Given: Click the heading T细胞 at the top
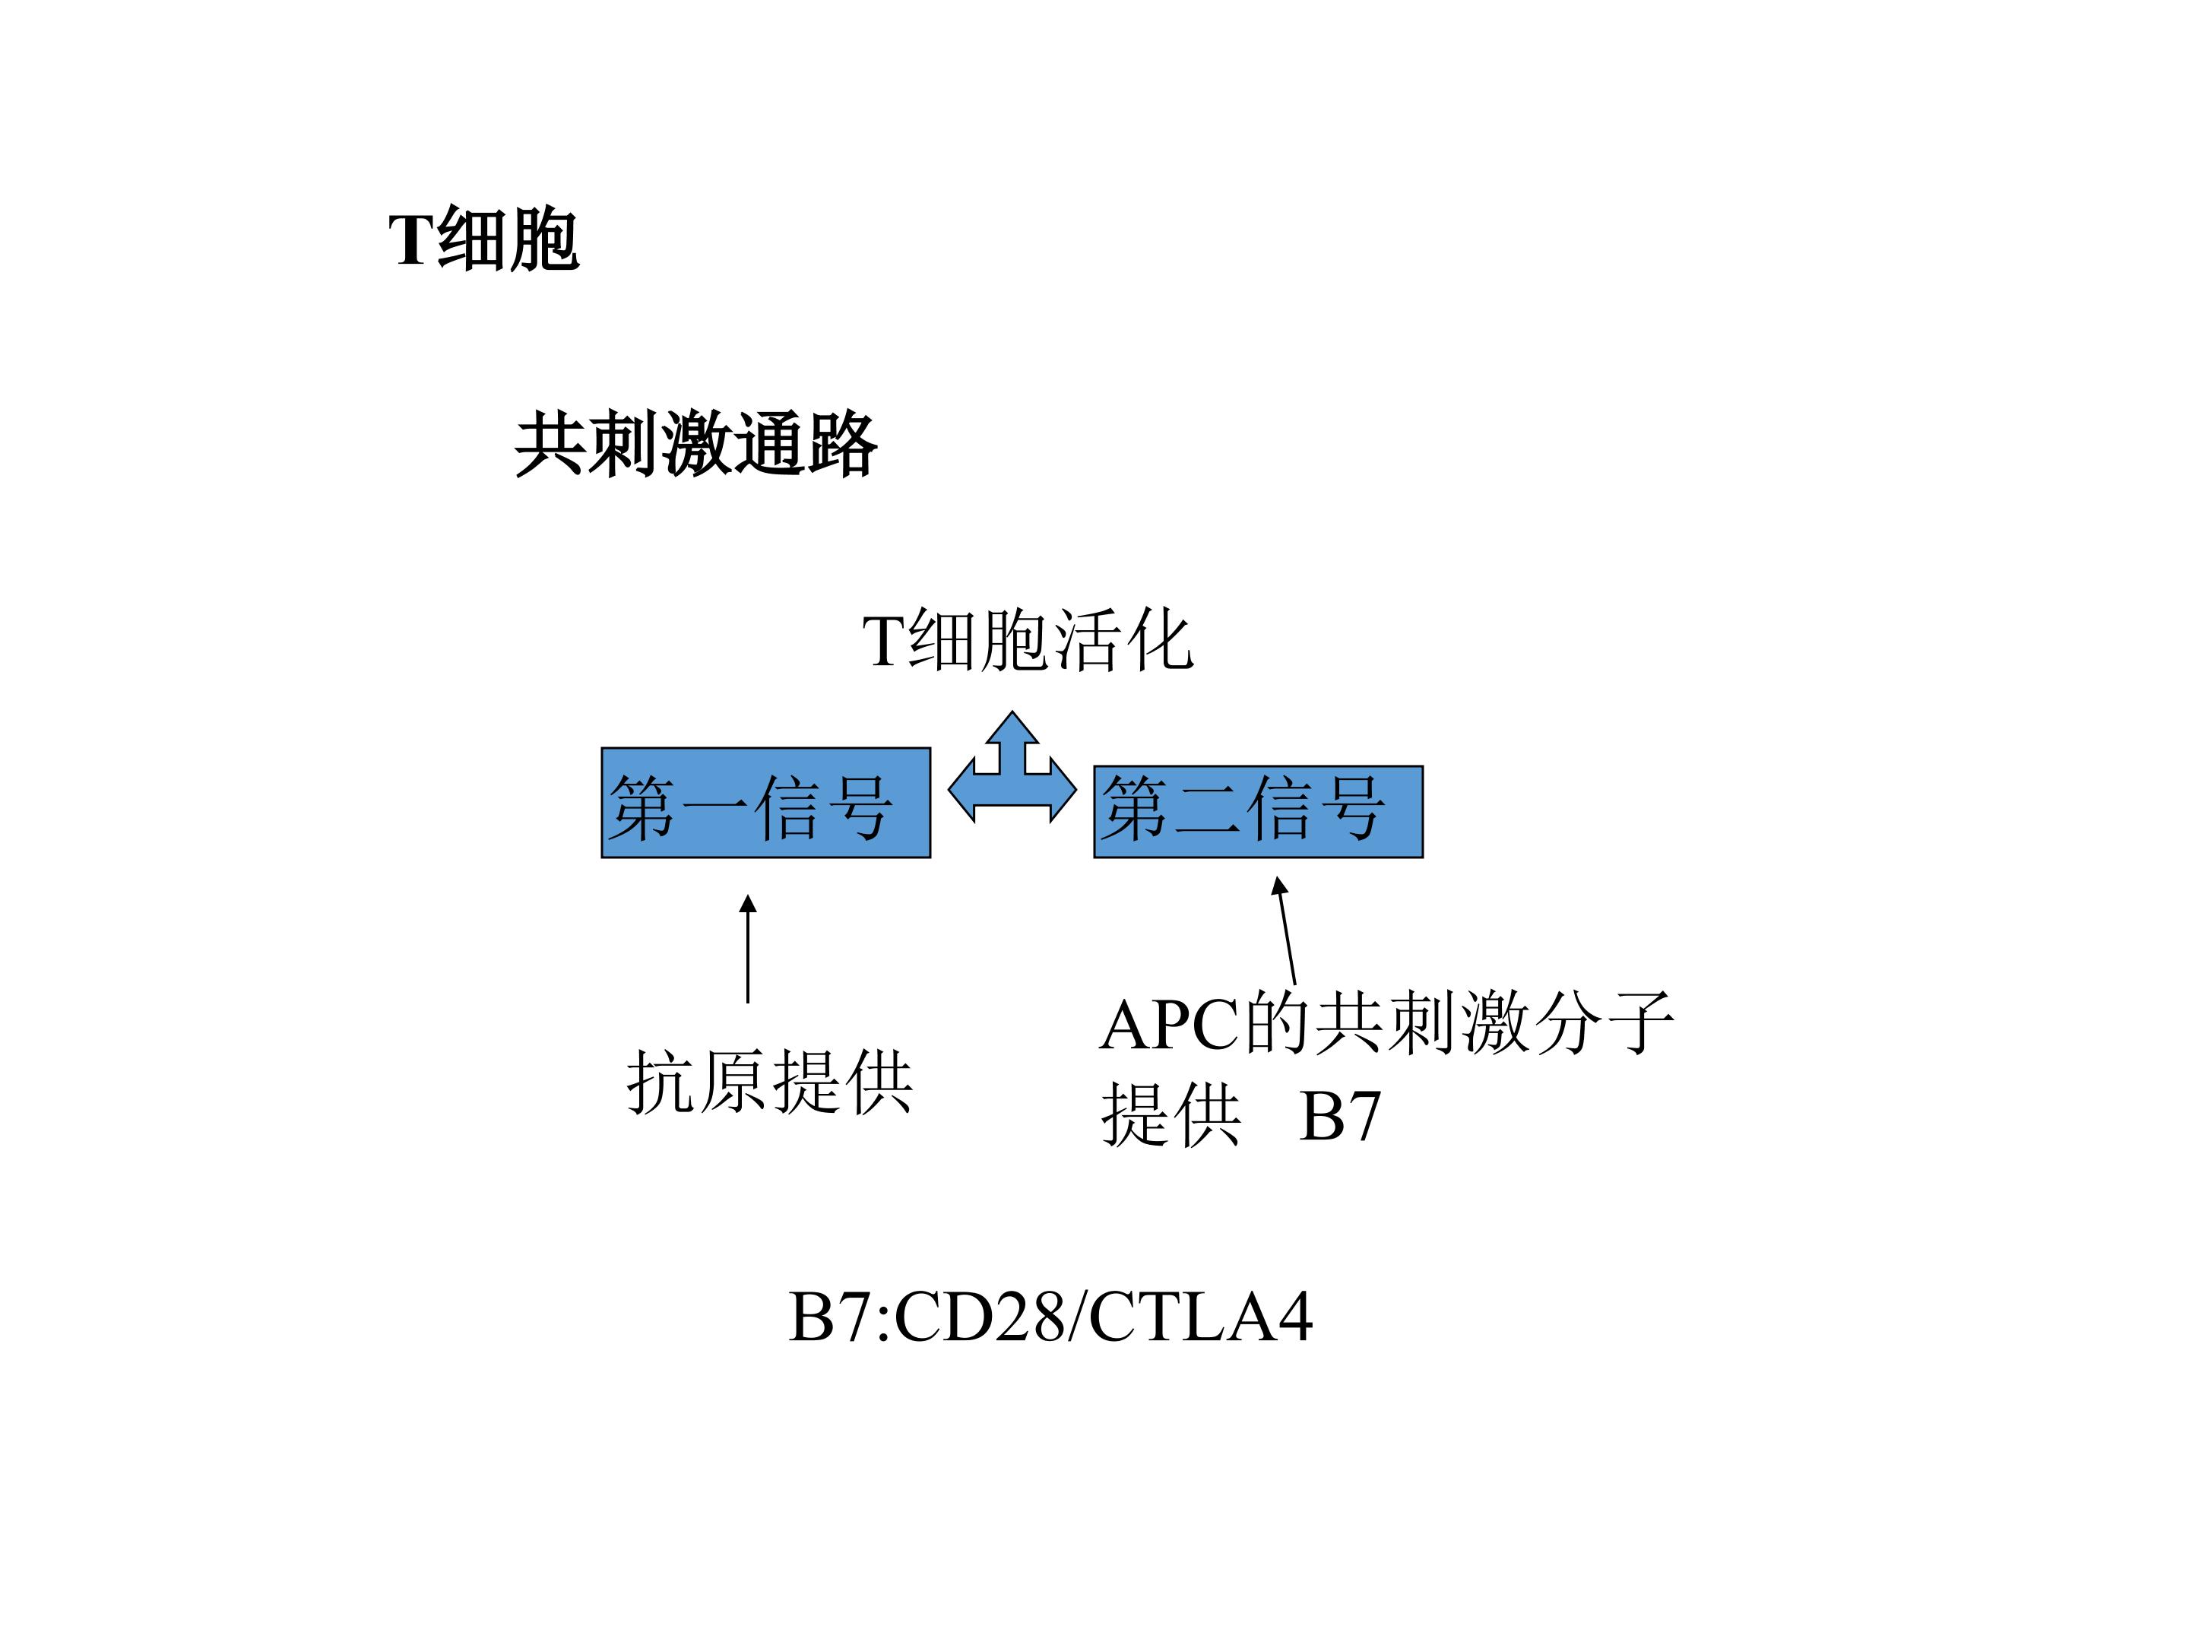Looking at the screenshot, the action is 484,239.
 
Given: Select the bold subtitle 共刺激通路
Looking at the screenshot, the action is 695,445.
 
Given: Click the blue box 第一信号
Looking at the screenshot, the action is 766,803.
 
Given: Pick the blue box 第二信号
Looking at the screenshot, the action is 1258,812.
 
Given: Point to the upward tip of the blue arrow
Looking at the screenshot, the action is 1012,712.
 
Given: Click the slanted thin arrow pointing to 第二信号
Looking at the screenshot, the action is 1285,930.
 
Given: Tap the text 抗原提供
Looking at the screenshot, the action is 769,1083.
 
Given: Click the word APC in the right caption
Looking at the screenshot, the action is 1169,1025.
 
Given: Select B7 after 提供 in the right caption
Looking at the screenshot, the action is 1340,1117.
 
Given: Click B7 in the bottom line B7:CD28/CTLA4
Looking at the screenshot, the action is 830,1317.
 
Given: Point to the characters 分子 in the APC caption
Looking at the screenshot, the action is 1605,1023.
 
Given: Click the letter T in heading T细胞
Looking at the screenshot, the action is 412,239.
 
